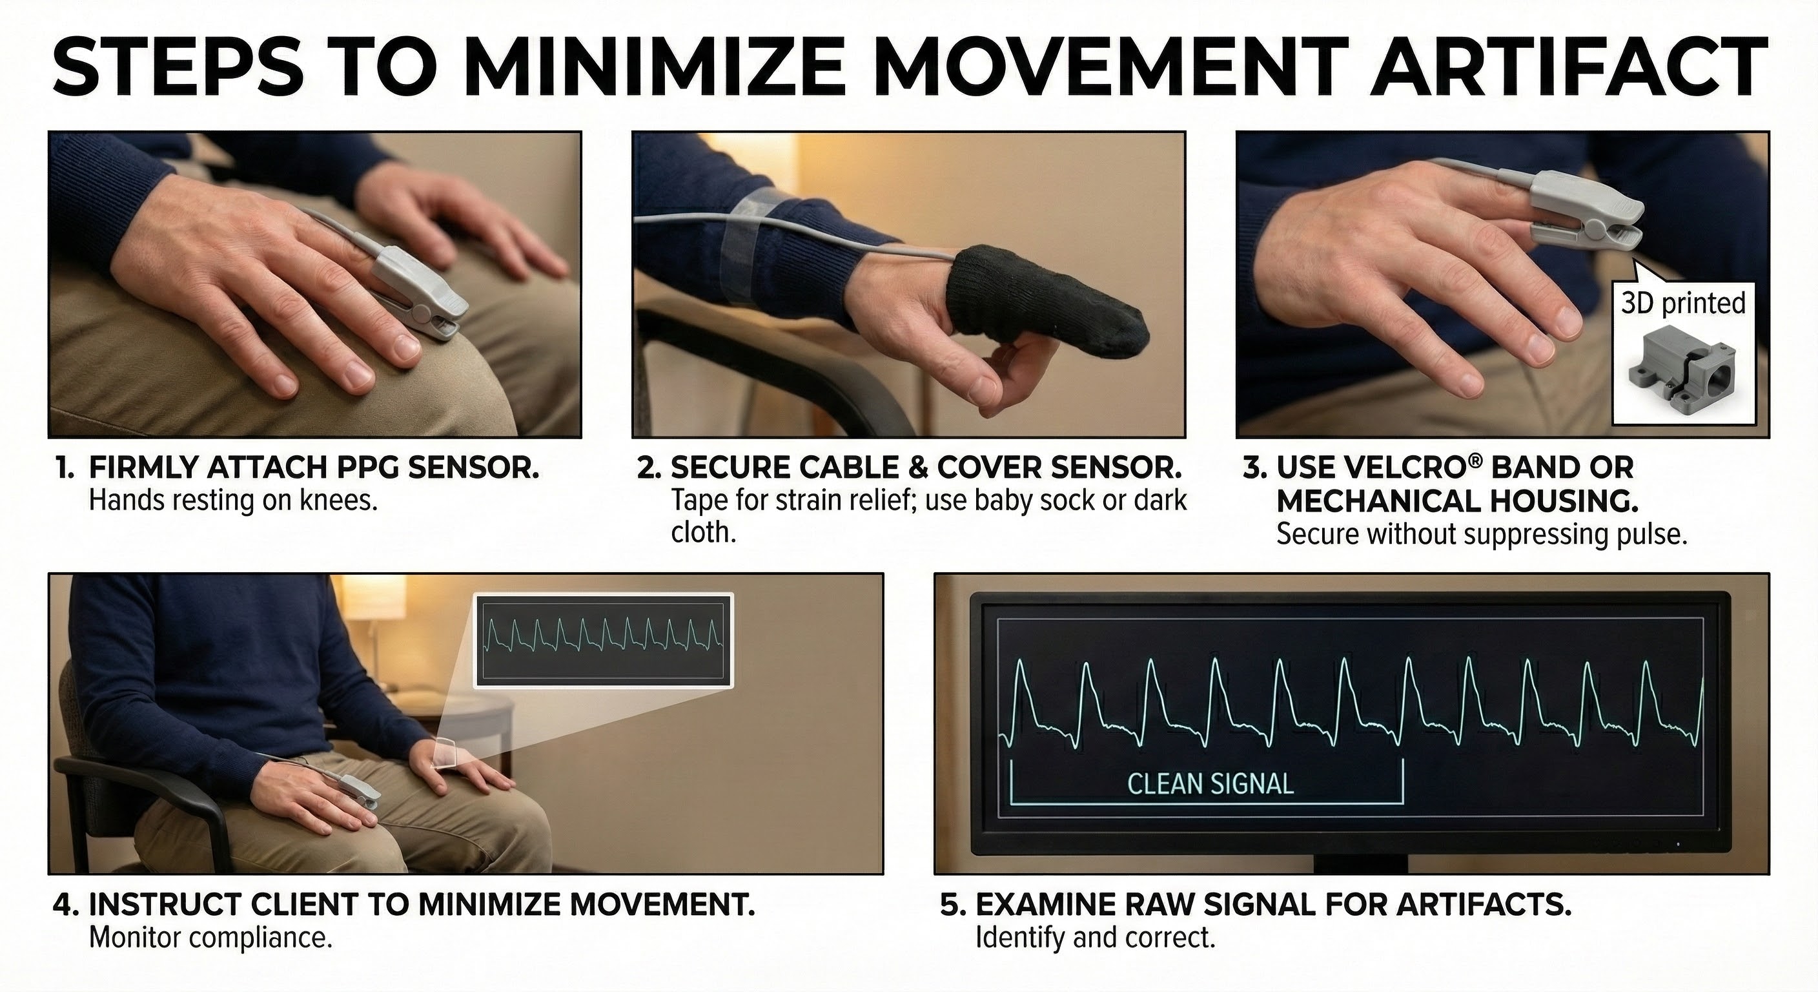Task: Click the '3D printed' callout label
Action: point(1683,303)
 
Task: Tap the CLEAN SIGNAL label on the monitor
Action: point(1210,783)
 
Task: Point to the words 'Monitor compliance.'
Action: point(210,938)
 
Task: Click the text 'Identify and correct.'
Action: point(1096,938)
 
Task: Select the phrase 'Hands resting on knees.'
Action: point(233,501)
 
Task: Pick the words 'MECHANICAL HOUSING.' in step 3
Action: point(1457,501)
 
